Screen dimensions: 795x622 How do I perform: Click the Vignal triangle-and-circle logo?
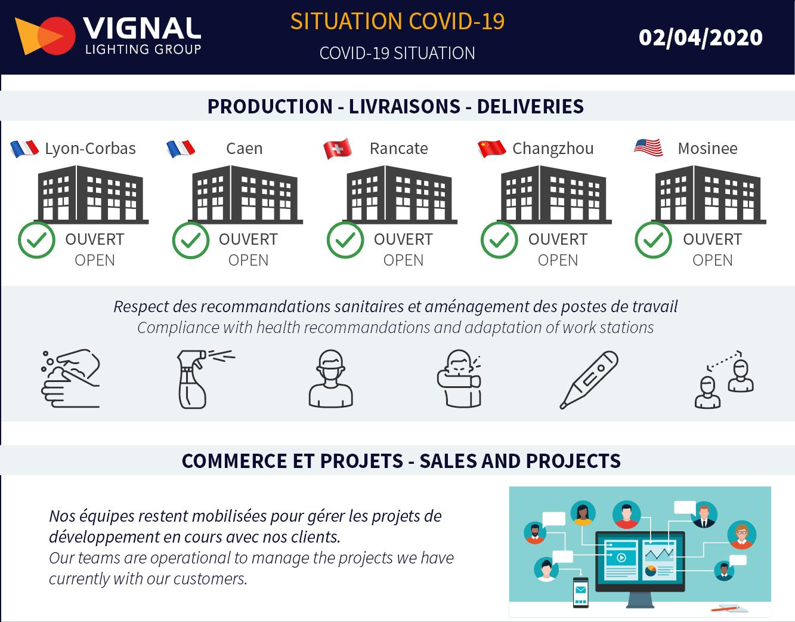click(x=45, y=36)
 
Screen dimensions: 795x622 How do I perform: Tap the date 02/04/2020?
click(x=700, y=38)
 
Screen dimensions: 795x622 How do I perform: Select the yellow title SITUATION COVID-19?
click(x=397, y=21)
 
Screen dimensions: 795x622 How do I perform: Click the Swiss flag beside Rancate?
click(x=338, y=148)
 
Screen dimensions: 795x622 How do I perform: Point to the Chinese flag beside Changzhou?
click(x=491, y=148)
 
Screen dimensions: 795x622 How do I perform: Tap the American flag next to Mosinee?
click(x=648, y=147)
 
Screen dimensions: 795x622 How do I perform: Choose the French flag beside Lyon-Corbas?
click(x=24, y=149)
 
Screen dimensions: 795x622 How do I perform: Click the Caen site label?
click(x=245, y=149)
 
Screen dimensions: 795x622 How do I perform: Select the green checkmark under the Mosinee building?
click(x=653, y=240)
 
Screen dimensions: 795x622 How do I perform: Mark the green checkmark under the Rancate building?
click(x=345, y=240)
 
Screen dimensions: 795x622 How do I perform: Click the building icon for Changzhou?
click(x=554, y=195)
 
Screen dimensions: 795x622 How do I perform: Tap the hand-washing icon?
click(x=70, y=378)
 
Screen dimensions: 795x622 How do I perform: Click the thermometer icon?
click(x=589, y=380)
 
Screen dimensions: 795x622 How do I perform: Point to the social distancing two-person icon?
click(x=724, y=379)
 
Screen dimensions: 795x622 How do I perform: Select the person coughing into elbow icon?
click(x=459, y=378)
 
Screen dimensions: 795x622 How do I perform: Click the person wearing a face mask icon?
click(x=331, y=378)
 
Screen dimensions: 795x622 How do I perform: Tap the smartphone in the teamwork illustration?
click(x=581, y=592)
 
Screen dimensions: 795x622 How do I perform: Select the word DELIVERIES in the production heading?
click(x=530, y=106)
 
